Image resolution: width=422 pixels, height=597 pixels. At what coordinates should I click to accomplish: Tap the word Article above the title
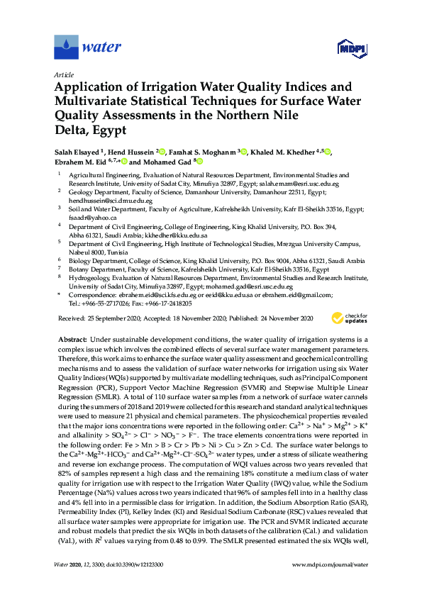click(65, 74)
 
